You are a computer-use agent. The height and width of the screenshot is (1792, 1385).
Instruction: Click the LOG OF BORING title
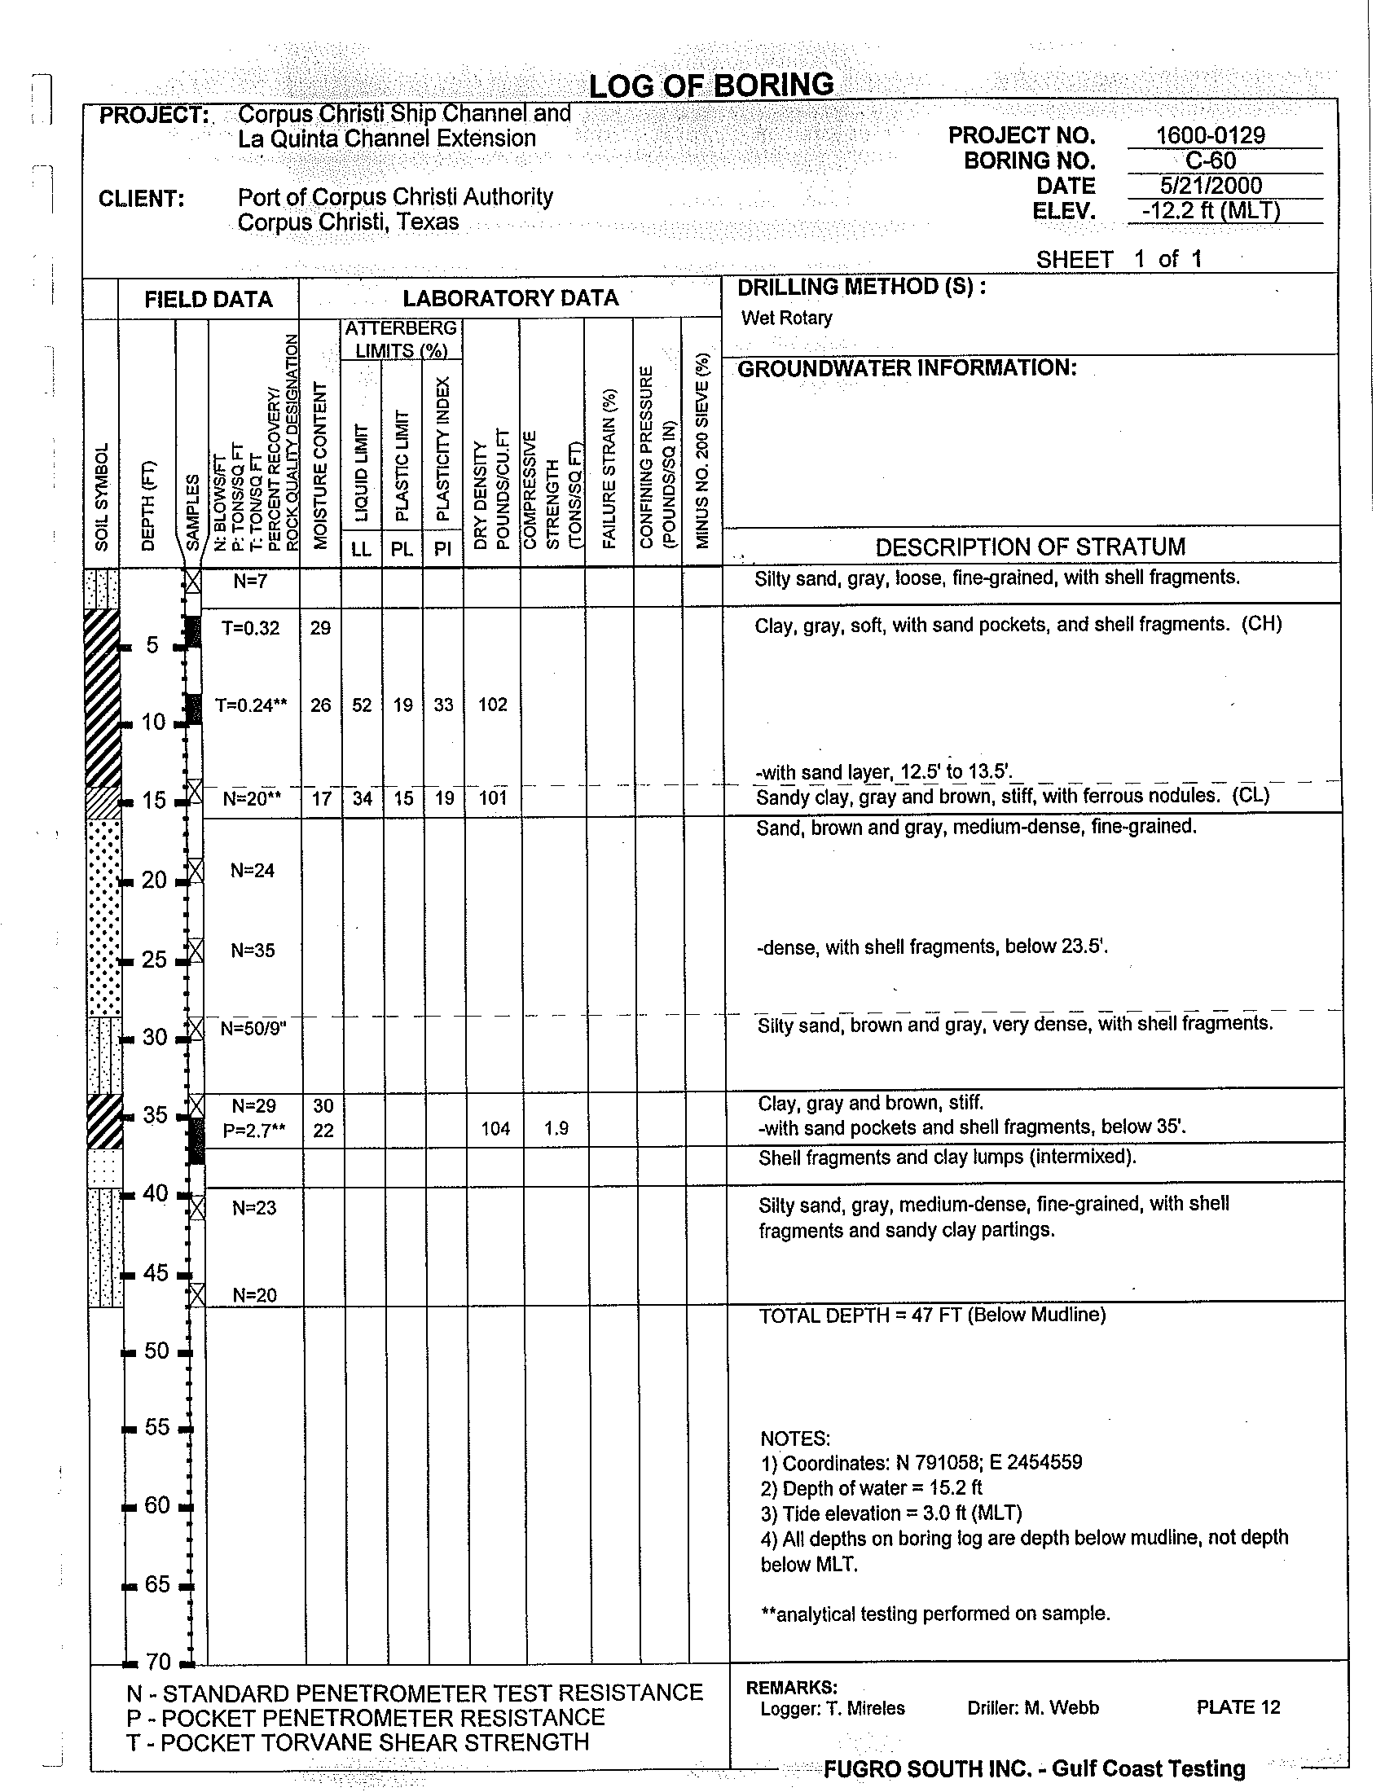(x=711, y=86)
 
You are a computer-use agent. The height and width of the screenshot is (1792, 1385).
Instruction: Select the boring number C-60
(x=1210, y=160)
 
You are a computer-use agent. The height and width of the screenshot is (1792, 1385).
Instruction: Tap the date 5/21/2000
(x=1210, y=187)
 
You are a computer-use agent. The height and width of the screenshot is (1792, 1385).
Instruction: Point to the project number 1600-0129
(x=1210, y=135)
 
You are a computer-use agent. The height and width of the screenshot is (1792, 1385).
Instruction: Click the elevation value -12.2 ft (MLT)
(x=1210, y=212)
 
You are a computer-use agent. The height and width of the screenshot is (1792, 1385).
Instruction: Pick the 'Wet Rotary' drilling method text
(x=786, y=318)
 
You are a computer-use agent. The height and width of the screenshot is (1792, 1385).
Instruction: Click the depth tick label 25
(x=154, y=960)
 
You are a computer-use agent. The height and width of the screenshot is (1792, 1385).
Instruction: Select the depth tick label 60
(x=156, y=1504)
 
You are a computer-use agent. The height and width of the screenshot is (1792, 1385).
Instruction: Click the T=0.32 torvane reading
(x=250, y=629)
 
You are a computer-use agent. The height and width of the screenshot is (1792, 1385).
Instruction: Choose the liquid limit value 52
(x=362, y=705)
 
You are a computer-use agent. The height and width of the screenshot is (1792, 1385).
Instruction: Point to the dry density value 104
(x=495, y=1129)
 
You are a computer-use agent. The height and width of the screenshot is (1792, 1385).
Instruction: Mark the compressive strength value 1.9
(x=556, y=1129)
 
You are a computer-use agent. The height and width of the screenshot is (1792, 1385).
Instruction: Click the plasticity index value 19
(x=444, y=798)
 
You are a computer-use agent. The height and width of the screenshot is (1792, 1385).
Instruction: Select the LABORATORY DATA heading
(x=510, y=298)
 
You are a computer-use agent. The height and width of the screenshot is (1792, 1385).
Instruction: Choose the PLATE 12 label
(x=1238, y=1707)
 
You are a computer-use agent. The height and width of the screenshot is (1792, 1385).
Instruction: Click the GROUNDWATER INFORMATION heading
(x=907, y=368)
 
